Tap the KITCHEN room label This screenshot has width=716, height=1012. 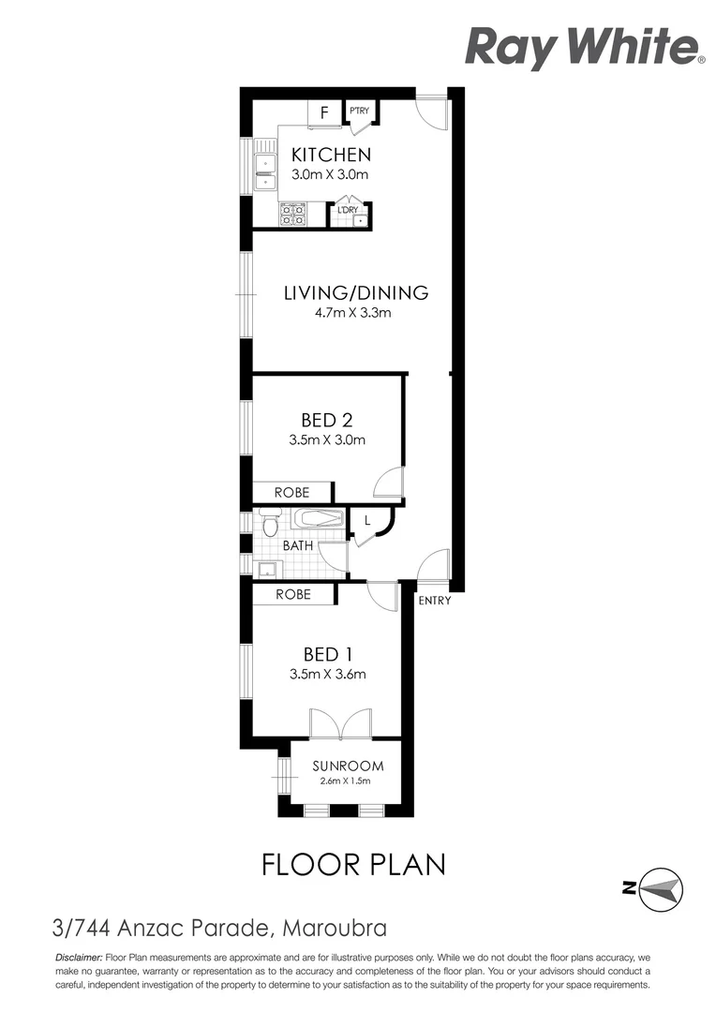(331, 155)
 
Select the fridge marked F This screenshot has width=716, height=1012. (324, 112)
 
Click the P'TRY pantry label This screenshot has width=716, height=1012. (360, 112)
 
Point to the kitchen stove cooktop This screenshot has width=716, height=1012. (292, 215)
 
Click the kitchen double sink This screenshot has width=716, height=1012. (265, 167)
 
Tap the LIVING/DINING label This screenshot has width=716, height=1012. (355, 292)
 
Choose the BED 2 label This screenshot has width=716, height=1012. (326, 420)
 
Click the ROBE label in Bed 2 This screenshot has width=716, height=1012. (291, 493)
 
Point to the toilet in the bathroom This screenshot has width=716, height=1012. (270, 522)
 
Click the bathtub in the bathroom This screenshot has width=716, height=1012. (319, 518)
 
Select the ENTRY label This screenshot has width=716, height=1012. (434, 601)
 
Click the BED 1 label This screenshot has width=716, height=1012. (327, 653)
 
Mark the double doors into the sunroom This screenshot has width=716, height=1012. (340, 724)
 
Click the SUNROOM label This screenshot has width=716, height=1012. (348, 766)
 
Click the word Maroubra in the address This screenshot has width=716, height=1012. (334, 930)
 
